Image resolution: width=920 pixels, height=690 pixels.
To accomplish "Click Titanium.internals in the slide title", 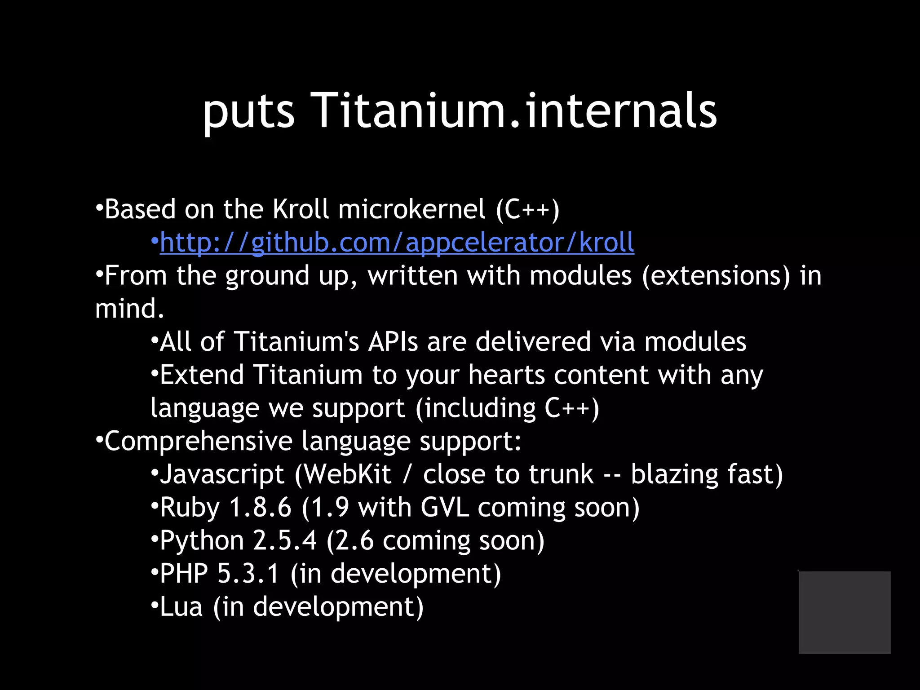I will pyautogui.click(x=513, y=110).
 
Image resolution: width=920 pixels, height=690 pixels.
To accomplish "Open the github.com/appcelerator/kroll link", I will pyautogui.click(x=397, y=243).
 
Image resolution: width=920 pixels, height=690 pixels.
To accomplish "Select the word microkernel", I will pyautogui.click(x=411, y=209).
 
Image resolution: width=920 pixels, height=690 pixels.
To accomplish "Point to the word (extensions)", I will pyautogui.click(x=716, y=275).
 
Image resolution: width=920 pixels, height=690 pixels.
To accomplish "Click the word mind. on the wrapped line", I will pyautogui.click(x=130, y=309).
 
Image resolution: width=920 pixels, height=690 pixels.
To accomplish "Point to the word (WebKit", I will pyautogui.click(x=343, y=474).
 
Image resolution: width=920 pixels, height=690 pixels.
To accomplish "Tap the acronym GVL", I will pyautogui.click(x=445, y=508).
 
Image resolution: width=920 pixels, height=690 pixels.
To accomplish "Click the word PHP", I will pyautogui.click(x=184, y=574).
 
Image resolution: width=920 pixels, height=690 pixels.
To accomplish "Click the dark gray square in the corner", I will pyautogui.click(x=845, y=612).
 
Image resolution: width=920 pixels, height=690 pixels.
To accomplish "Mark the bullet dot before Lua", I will pyautogui.click(x=154, y=606).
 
